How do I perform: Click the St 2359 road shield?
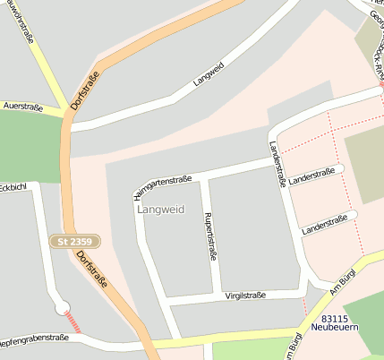[75, 242]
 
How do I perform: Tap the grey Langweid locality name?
[160, 210]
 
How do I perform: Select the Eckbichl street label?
[13, 187]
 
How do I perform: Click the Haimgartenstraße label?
[162, 185]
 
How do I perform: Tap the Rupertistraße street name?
[212, 235]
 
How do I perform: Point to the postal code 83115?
[334, 318]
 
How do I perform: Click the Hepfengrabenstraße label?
[34, 338]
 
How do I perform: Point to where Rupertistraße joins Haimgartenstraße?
[204, 176]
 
